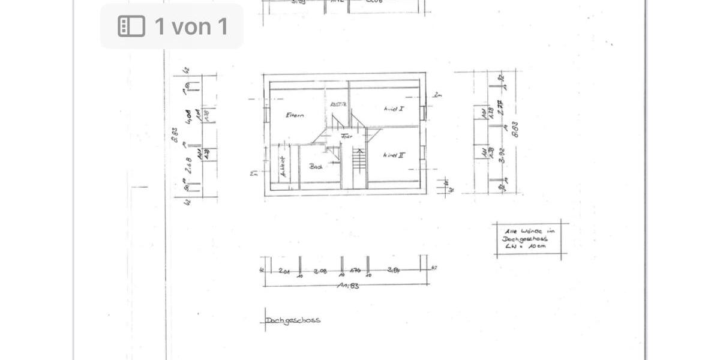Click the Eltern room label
tap(295, 115)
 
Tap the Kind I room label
tap(394, 109)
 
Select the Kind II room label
tap(394, 155)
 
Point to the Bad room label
tap(316, 167)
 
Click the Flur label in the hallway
tap(346, 136)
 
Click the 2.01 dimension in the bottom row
tap(285, 271)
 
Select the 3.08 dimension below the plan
tap(319, 271)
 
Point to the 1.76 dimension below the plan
tap(355, 271)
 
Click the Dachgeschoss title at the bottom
tap(293, 320)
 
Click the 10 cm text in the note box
tap(538, 246)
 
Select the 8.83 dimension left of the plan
tap(174, 134)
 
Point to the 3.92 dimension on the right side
tap(502, 156)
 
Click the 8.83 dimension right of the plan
tap(514, 129)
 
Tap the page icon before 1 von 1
tap(131, 26)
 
